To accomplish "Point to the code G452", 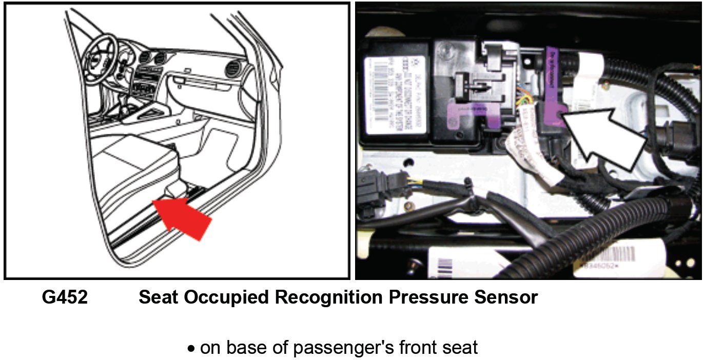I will (x=65, y=298).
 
